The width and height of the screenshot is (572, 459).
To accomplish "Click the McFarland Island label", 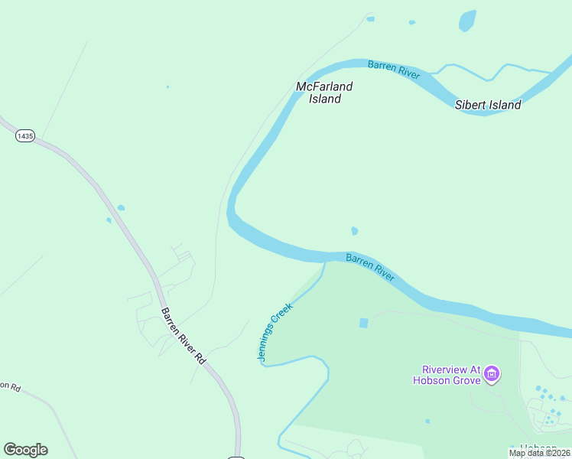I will [x=324, y=93].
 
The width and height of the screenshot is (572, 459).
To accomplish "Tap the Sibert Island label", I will [x=488, y=105].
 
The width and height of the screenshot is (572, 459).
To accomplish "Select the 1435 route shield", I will [x=25, y=135].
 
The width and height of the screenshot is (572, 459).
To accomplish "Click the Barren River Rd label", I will [x=184, y=335].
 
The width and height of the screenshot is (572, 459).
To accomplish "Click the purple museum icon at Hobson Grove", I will [x=491, y=374].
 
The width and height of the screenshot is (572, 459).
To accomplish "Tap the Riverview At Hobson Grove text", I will [x=447, y=375].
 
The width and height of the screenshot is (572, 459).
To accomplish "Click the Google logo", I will [x=25, y=450].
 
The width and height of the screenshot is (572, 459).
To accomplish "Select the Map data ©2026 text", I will [x=539, y=453].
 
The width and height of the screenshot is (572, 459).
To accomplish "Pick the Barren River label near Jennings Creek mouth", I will [x=370, y=268].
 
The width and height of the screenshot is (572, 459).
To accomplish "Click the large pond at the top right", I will [x=466, y=21].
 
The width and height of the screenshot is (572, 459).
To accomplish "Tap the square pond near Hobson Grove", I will [x=363, y=323].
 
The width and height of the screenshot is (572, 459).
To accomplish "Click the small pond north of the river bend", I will [x=354, y=231].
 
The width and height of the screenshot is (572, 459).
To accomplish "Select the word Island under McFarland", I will [x=324, y=99].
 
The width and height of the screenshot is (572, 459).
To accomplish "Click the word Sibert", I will [x=470, y=105].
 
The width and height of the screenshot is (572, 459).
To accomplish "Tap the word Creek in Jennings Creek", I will [x=282, y=318].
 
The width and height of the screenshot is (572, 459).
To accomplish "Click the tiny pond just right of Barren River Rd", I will [x=121, y=207].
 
